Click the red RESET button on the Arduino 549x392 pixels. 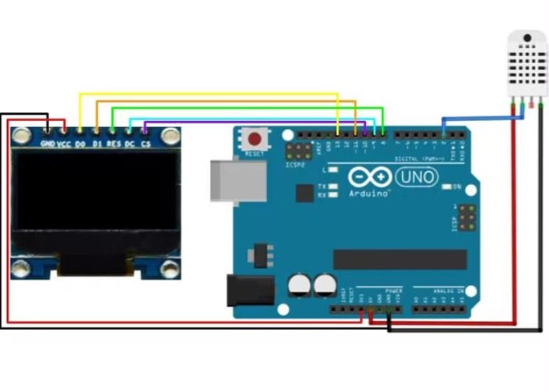256,139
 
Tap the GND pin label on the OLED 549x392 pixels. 47,143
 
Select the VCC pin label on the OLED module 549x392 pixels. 64,143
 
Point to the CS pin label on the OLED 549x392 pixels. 145,143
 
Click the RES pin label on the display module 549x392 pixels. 113,143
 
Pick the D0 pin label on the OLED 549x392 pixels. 81,143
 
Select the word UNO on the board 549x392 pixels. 417,177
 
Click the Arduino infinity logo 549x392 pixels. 369,176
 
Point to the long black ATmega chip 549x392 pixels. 399,259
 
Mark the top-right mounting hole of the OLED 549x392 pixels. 170,136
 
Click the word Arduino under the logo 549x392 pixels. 369,193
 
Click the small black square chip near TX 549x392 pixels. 303,192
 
